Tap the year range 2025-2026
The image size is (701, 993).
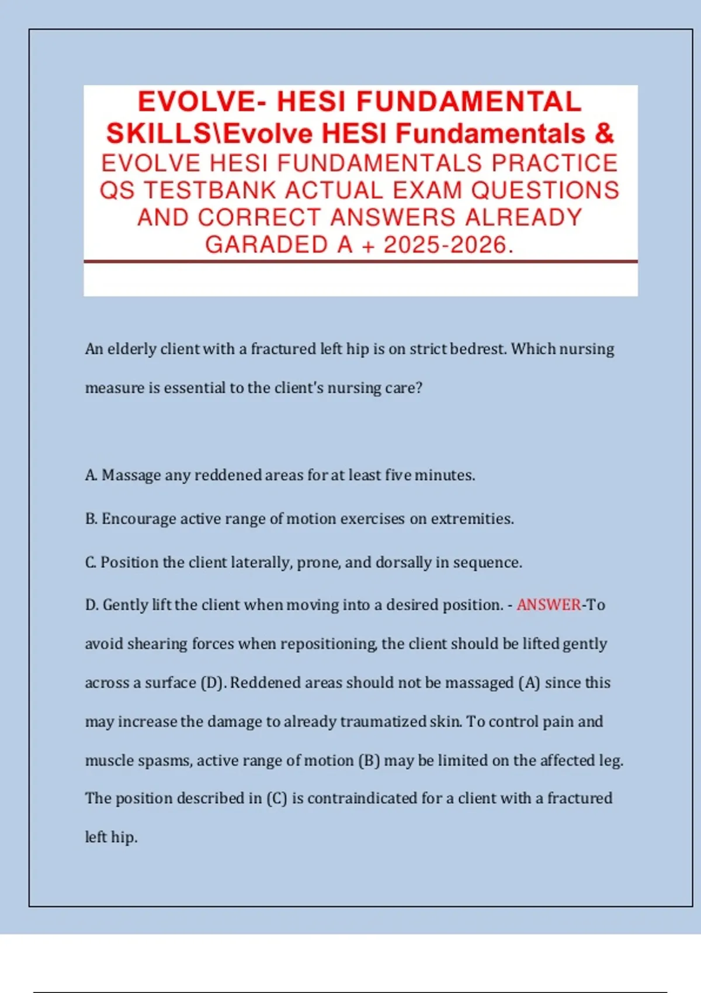coord(445,245)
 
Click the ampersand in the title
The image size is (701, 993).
coord(604,133)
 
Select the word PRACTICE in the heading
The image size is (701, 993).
coord(554,163)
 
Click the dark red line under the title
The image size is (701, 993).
coord(360,262)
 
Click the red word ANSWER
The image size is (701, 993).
coord(549,605)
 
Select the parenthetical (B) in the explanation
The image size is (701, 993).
coord(369,761)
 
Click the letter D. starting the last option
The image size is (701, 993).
coord(92,605)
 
